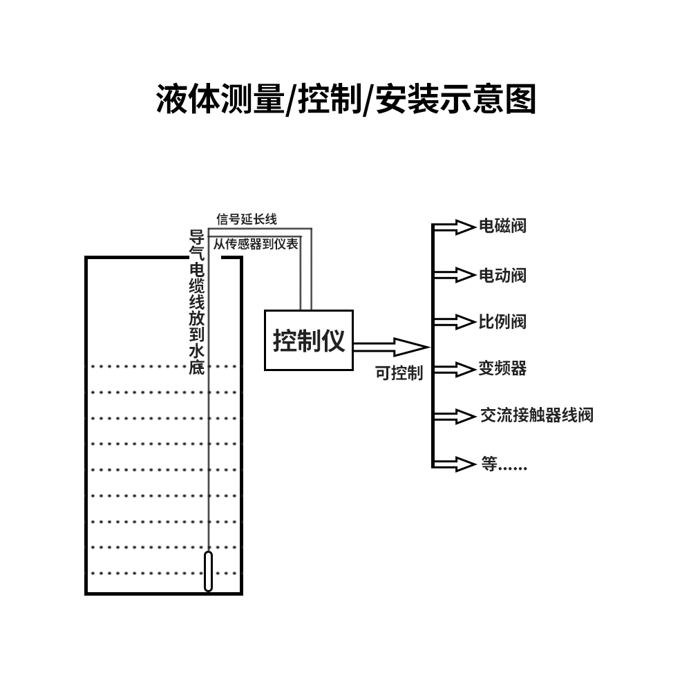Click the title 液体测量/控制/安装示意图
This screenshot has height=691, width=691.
345,100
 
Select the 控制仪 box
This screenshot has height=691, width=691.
309,340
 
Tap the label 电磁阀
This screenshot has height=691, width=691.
502,226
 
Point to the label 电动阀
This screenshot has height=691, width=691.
502,275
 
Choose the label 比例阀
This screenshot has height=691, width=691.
502,321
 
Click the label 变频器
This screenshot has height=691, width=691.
502,368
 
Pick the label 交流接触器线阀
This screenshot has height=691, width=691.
536,415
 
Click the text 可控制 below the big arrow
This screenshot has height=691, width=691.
399,373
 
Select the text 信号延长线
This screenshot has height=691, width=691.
247,220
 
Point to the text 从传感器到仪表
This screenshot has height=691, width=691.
256,244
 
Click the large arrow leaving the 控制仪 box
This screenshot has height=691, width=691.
390,345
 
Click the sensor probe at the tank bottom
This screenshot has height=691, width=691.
208,571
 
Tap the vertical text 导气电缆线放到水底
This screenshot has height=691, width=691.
197,302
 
